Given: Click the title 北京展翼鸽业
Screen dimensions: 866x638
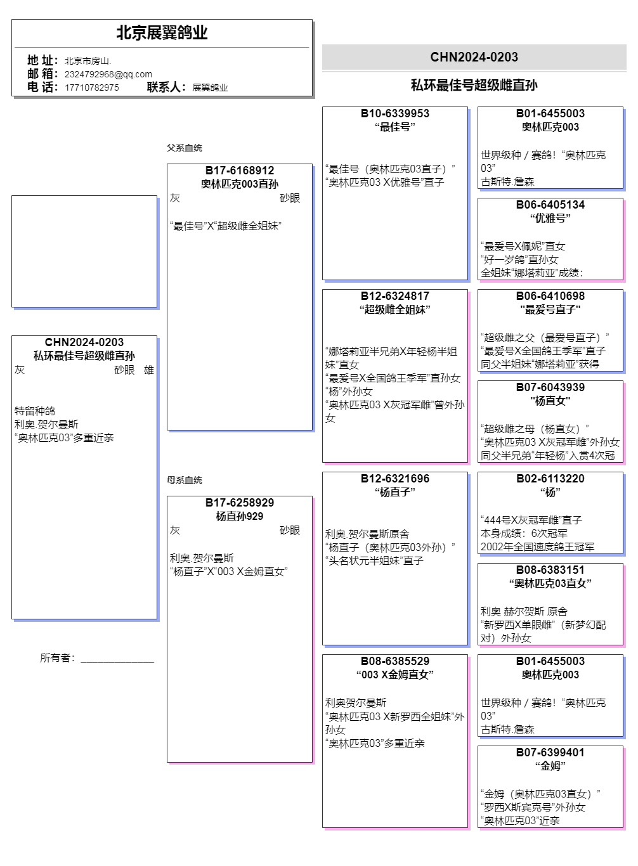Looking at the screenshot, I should [x=162, y=33].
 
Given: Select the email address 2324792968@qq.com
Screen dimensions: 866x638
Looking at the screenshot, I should [x=108, y=74].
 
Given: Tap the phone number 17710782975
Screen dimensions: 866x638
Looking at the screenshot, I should [x=91, y=87].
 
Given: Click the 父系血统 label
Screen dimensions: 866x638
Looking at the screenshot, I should [x=185, y=148].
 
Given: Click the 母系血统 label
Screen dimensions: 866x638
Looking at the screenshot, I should [x=185, y=480].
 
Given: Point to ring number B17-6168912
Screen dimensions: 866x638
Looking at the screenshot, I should [x=240, y=171].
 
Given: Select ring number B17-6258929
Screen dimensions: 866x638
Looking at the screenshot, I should [x=240, y=503].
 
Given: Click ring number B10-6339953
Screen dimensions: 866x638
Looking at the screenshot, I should [x=395, y=113].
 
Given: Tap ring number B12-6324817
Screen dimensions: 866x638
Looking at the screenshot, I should [x=395, y=296].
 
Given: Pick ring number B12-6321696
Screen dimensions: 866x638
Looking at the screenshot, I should [x=395, y=479].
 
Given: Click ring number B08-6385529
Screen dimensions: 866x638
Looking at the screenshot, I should [x=395, y=661].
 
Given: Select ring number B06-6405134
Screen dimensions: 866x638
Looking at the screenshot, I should [x=550, y=205].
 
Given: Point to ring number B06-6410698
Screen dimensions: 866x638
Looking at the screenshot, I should [x=550, y=296].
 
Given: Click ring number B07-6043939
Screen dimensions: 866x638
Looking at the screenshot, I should [x=550, y=387].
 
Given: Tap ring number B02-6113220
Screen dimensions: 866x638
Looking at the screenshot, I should [x=550, y=479].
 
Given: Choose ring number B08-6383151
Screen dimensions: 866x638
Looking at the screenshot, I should [x=550, y=570].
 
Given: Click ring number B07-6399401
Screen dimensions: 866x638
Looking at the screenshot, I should [x=550, y=753].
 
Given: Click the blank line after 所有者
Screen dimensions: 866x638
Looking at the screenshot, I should [x=117, y=659].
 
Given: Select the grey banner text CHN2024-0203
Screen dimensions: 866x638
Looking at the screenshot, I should [x=474, y=57].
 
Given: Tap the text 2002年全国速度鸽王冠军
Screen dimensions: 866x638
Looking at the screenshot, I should [x=537, y=546].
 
